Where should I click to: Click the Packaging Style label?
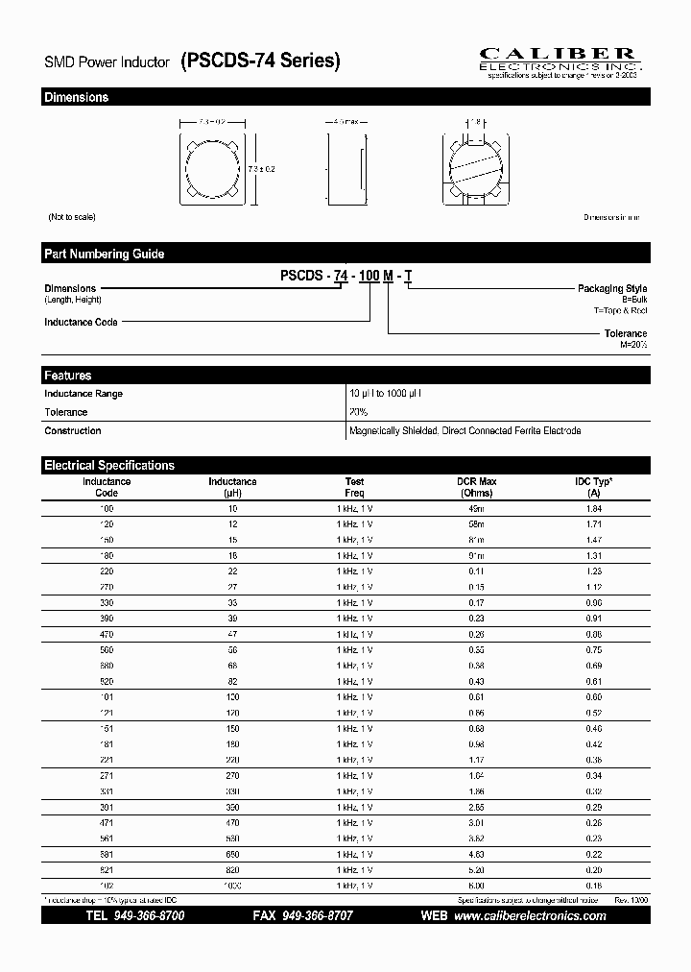[x=611, y=288]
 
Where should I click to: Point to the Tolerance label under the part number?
[x=625, y=333]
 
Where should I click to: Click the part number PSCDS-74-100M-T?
[x=346, y=276]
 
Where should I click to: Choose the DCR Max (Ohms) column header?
[x=476, y=487]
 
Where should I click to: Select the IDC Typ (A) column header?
[x=593, y=487]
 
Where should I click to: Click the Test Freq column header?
[x=354, y=487]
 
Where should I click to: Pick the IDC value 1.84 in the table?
[x=593, y=508]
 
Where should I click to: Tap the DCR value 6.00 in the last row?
[x=476, y=886]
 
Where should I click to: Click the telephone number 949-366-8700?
[x=149, y=916]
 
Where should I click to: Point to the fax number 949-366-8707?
[x=317, y=916]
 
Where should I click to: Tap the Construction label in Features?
[x=73, y=431]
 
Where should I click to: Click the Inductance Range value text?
[x=385, y=394]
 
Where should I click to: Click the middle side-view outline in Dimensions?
[x=345, y=165]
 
